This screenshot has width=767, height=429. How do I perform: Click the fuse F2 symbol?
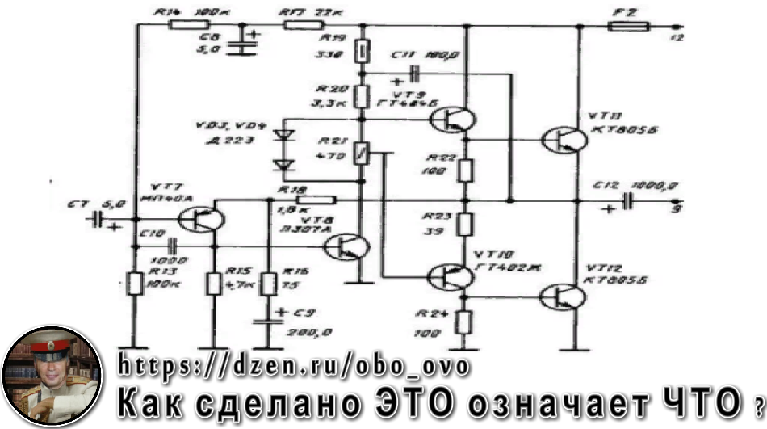pos(627,26)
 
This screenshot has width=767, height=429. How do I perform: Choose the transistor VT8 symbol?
pos(350,246)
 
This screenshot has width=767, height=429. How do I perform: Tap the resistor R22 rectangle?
pos(465,170)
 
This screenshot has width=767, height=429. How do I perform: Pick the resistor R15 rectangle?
pos(214,284)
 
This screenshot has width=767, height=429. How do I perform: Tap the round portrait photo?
pos(53,376)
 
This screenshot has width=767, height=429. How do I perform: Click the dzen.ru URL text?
pos(294,366)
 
